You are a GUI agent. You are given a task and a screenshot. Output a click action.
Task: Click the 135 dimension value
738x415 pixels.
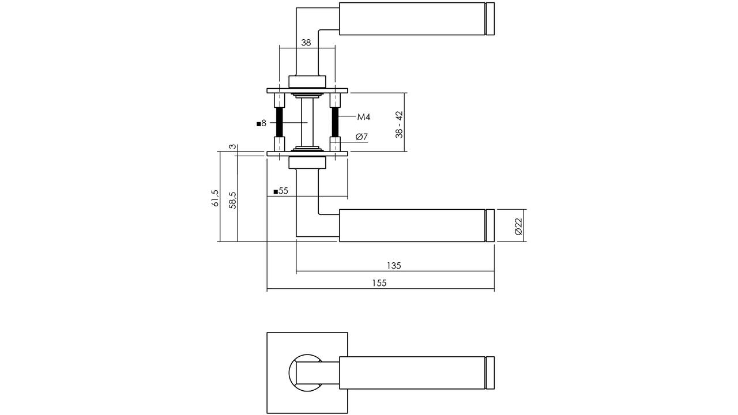coord(394,266)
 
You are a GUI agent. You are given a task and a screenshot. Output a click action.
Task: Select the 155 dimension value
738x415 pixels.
coord(379,283)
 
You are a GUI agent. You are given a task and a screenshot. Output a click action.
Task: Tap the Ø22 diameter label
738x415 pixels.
coord(518,227)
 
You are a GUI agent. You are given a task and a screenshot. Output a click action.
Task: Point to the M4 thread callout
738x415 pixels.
coord(364,117)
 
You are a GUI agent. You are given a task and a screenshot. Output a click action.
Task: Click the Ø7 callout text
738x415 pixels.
coord(362,137)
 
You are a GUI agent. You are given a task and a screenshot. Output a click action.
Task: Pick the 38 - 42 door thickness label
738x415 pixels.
coord(399,124)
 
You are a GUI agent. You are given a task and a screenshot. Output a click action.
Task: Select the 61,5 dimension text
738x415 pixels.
coord(214,198)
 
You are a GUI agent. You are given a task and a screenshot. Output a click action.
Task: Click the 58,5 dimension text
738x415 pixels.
coord(232,200)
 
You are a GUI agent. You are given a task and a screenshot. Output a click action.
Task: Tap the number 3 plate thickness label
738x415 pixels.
coord(232,146)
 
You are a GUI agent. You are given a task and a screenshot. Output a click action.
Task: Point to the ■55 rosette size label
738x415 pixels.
coord(281,191)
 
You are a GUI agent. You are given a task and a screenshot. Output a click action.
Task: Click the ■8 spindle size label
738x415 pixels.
coord(261,124)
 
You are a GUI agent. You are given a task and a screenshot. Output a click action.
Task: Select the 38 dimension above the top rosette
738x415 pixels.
coord(306,43)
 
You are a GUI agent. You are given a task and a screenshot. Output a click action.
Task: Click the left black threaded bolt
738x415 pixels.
coord(280,122)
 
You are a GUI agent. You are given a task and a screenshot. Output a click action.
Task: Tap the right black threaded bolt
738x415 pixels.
coord(335,122)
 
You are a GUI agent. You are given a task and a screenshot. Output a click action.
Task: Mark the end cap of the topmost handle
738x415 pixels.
coord(490,19)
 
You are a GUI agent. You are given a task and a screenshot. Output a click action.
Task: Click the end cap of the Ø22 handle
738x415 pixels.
coord(490,225)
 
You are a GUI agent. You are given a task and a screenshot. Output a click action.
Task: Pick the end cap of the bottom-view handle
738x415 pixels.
coord(490,373)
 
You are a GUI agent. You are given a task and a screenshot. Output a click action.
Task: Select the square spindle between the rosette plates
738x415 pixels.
coord(307,122)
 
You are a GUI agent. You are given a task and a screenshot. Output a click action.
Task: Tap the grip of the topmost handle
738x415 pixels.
coord(412,19)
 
